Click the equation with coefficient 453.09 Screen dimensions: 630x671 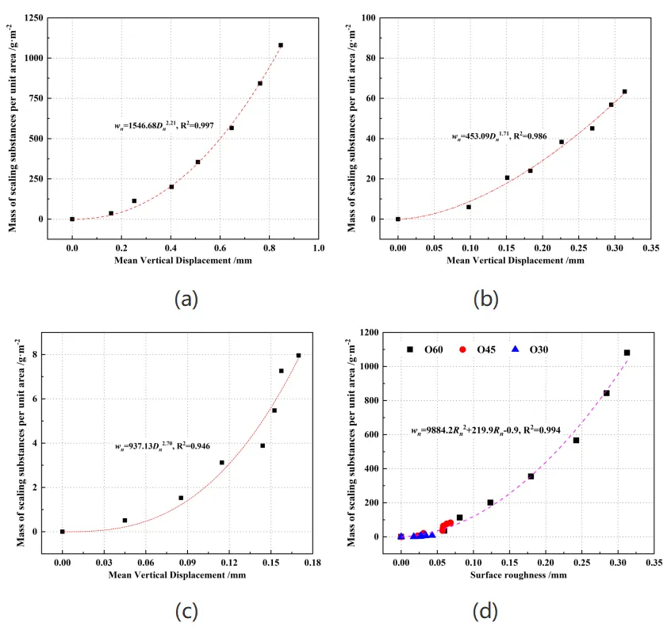coord(499,136)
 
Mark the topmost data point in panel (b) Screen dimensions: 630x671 coord(624,92)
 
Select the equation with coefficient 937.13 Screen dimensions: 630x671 coord(163,447)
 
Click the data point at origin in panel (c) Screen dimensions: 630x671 coord(63,532)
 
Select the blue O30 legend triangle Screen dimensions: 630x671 coord(515,349)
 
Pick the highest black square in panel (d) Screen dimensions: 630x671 coord(627,353)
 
